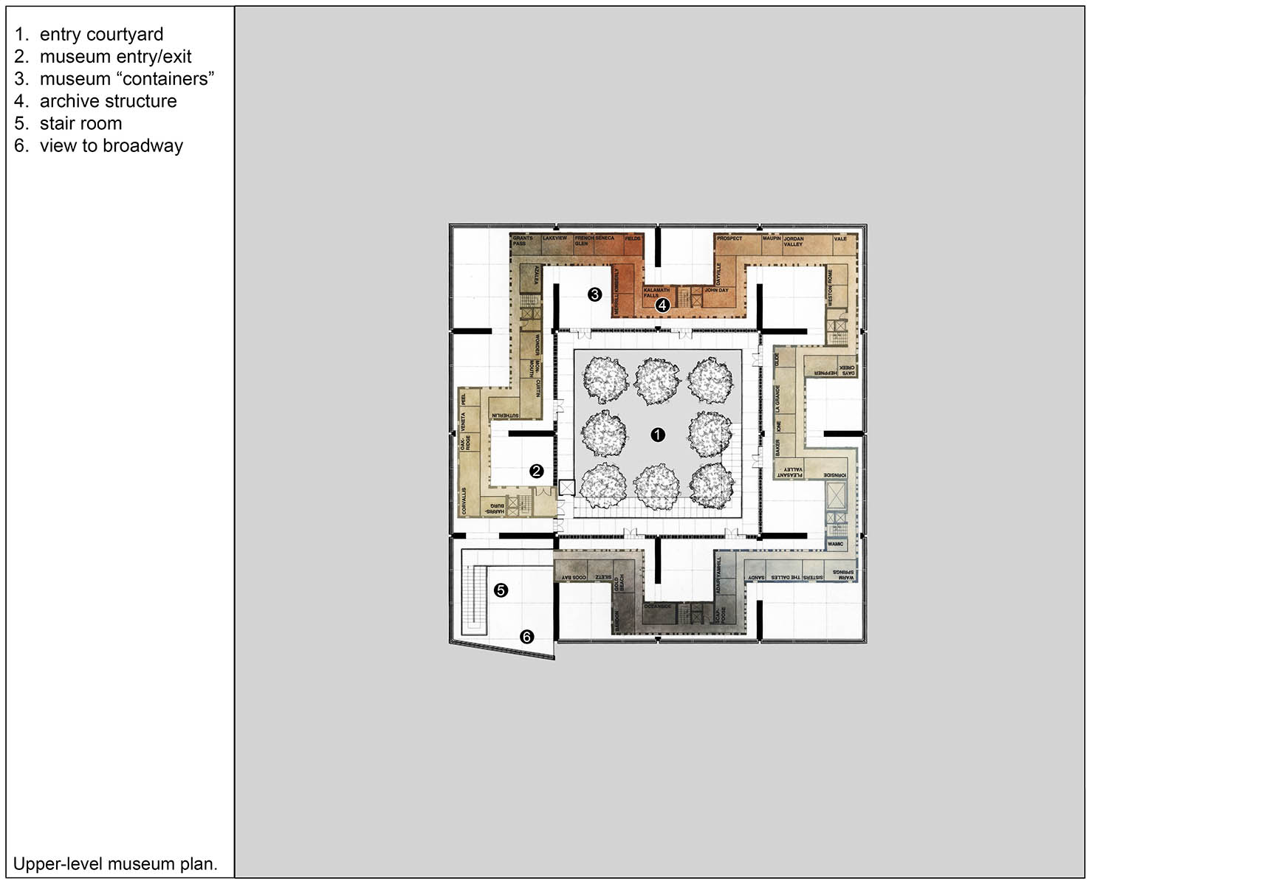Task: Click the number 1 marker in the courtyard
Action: [x=658, y=435]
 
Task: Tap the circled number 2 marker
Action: [x=537, y=471]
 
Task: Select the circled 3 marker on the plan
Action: [x=594, y=294]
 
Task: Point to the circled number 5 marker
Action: [x=501, y=590]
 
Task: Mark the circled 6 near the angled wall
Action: [x=526, y=636]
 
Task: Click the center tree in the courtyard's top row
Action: [x=657, y=381]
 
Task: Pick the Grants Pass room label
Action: [x=523, y=241]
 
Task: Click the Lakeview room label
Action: [x=554, y=238]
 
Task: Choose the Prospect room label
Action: [x=729, y=238]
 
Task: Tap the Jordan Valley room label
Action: [x=794, y=241]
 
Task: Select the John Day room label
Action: [x=716, y=291]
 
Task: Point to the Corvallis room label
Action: [x=464, y=500]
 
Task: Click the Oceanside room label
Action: [x=658, y=607]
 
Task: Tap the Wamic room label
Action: [x=835, y=544]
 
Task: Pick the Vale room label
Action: [x=840, y=239]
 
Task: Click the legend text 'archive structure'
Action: [x=108, y=101]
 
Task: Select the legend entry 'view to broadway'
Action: [x=111, y=146]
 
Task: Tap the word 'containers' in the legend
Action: [x=165, y=79]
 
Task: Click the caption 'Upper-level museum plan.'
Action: [x=115, y=864]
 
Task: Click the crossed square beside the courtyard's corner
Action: [x=566, y=488]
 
